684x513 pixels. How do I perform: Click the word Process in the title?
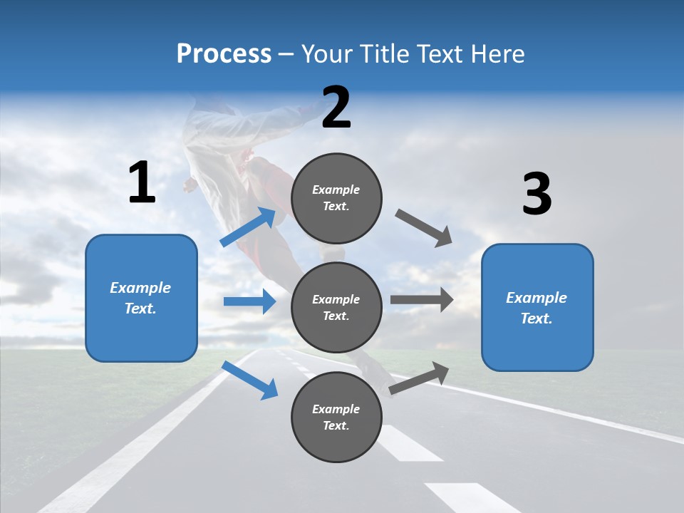click(x=224, y=54)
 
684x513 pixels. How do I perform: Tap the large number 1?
click(x=142, y=183)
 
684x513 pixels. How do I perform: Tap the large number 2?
click(x=336, y=108)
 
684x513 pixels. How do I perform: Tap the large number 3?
click(x=537, y=195)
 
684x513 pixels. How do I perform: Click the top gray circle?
click(x=336, y=198)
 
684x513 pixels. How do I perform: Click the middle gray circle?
click(x=336, y=307)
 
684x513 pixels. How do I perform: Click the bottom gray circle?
click(x=336, y=417)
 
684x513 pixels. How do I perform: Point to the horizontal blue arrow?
click(x=249, y=301)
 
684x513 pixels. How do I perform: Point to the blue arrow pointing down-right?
click(x=250, y=380)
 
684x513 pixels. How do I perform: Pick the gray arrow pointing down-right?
click(x=424, y=228)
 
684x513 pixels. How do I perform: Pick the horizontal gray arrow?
click(x=422, y=300)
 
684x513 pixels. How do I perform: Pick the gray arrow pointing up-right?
click(x=420, y=378)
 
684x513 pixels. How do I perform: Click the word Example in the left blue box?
click(x=140, y=288)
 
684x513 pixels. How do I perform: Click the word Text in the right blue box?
click(x=535, y=318)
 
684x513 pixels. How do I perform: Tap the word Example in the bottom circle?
click(x=336, y=409)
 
